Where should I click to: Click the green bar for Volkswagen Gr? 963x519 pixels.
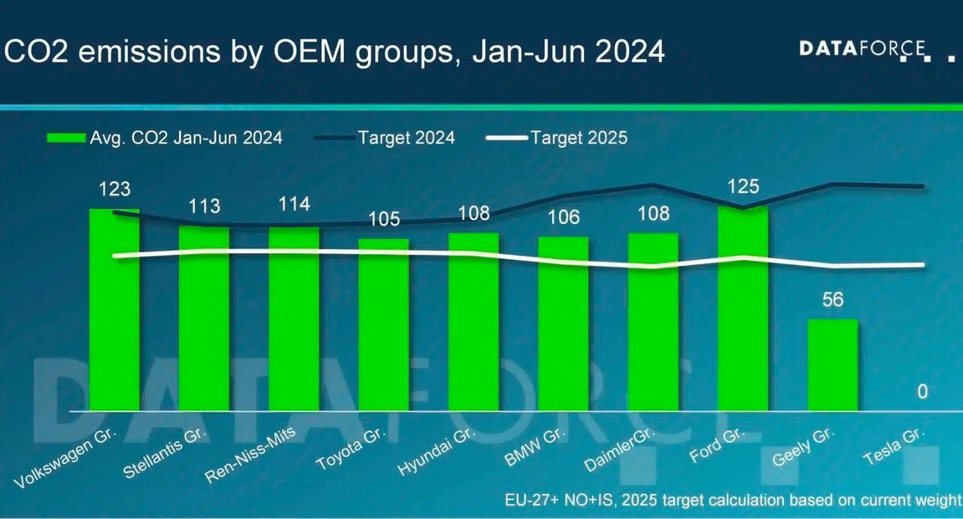tap(114, 310)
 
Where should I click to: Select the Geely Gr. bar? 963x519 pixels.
tap(833, 365)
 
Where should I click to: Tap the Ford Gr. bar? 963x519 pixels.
tap(743, 309)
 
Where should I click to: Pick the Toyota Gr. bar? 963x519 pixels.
tap(384, 325)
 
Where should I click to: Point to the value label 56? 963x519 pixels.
tap(833, 300)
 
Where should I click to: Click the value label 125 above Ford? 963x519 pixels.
tap(743, 186)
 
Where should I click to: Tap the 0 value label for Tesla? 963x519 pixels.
tap(922, 392)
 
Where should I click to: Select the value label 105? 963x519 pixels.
tap(384, 220)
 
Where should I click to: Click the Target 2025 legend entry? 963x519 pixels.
tap(578, 138)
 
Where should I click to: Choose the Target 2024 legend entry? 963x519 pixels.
tap(406, 138)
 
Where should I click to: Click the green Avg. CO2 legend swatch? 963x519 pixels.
tap(65, 138)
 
